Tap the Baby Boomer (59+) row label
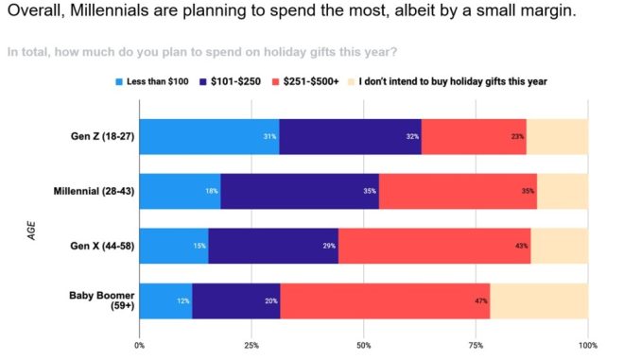pyautogui.click(x=100, y=300)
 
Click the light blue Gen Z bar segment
pyautogui.click(x=209, y=137)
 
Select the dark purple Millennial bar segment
pyautogui.click(x=300, y=192)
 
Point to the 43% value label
pyautogui.click(x=522, y=247)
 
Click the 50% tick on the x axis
pyautogui.click(x=364, y=346)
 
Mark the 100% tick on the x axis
pyautogui.click(x=587, y=346)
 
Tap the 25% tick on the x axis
pyautogui.click(x=251, y=346)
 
